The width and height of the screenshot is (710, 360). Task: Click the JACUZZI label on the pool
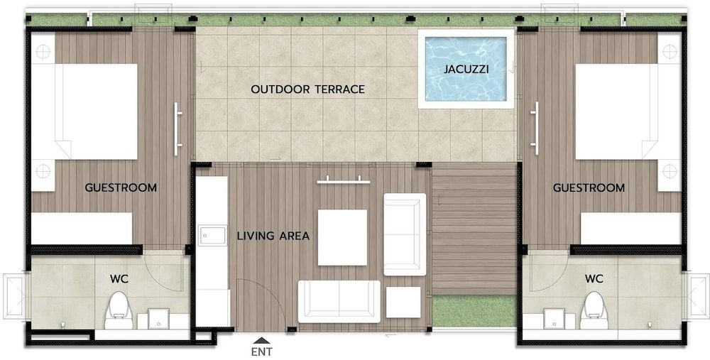tap(466, 70)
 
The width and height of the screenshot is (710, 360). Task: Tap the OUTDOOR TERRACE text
tap(307, 89)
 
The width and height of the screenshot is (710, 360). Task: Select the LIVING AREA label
tap(273, 236)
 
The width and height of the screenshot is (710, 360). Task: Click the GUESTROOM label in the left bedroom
tap(121, 188)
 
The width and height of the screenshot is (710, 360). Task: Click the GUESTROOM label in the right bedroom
tap(589, 188)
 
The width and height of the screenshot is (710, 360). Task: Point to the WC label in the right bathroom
tap(594, 278)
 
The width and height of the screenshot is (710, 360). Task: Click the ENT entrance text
tap(261, 351)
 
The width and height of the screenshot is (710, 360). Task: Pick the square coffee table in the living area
tap(342, 237)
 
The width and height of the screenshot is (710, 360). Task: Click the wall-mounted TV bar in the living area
tap(344, 181)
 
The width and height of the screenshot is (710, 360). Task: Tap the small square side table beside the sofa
tap(404, 301)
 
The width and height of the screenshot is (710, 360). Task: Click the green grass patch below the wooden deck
tap(474, 311)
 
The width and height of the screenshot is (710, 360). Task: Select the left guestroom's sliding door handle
tap(178, 129)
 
